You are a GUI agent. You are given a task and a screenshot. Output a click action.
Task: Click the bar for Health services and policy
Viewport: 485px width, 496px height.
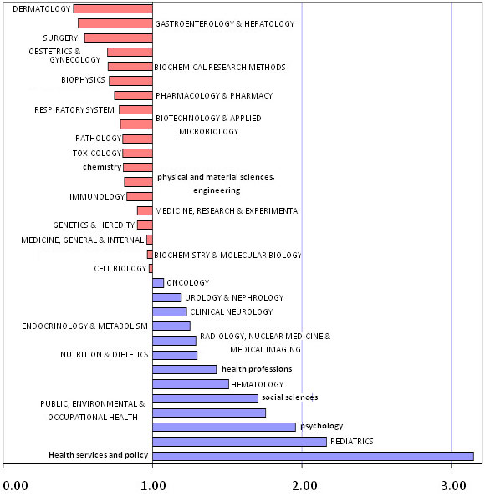point(313,456)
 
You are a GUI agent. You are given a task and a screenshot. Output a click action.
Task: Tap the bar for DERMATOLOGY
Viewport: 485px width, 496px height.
point(113,9)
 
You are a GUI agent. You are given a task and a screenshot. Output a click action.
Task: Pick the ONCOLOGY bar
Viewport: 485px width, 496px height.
point(158,283)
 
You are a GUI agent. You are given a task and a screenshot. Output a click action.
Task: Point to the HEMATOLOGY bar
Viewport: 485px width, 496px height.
point(191,384)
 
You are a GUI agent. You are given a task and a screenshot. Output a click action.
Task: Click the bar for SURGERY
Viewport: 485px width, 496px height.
point(119,38)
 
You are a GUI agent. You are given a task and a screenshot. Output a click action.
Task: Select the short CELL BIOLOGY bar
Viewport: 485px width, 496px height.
point(151,269)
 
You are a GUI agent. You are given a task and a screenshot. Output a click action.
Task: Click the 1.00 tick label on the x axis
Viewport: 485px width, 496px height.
point(153,484)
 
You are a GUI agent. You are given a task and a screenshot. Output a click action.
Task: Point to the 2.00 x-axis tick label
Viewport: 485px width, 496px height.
point(302,484)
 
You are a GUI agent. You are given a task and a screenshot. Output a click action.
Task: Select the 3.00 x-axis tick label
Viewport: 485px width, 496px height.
point(452,484)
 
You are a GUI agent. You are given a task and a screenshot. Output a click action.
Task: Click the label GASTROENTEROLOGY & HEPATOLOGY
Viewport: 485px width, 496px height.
point(225,24)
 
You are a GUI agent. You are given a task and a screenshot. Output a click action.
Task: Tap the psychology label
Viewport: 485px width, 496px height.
point(321,426)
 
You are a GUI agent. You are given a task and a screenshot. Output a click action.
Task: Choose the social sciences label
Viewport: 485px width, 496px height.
point(289,397)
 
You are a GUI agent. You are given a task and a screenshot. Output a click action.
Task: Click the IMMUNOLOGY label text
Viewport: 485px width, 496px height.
point(96,197)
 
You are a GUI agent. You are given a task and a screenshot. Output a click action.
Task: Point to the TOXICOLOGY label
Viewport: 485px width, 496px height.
point(97,154)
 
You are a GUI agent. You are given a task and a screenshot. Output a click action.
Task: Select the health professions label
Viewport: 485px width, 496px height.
point(256,369)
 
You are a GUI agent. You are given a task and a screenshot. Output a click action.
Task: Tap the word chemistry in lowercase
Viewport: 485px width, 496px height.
point(102,167)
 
